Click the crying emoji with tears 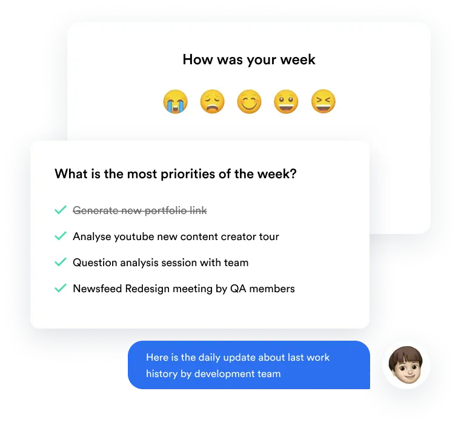175,101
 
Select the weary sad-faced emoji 212,101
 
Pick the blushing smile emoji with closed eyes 249,101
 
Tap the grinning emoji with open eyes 286,101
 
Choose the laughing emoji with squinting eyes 323,101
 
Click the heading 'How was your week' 249,60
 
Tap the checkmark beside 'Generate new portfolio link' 61,210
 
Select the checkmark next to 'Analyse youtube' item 61,236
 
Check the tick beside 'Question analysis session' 61,262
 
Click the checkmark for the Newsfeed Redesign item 61,288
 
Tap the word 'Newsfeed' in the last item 98,289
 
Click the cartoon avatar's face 406,365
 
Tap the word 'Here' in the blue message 157,357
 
